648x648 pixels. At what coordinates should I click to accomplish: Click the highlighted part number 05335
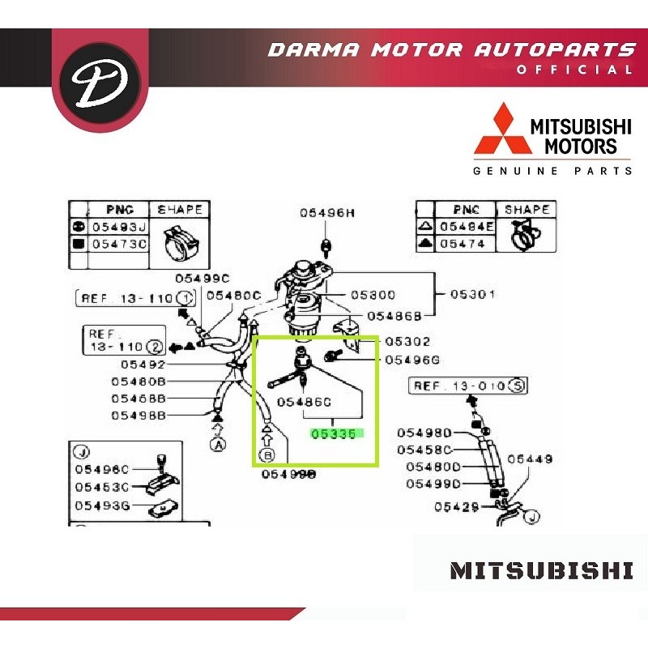pyautogui.click(x=334, y=434)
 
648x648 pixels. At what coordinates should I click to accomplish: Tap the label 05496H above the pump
pyautogui.click(x=327, y=213)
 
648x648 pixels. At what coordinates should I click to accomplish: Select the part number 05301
pyautogui.click(x=473, y=294)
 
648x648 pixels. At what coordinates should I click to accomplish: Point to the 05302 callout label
pyautogui.click(x=407, y=342)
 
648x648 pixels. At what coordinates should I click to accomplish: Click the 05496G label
pyautogui.click(x=412, y=360)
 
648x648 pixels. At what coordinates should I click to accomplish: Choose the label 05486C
pyautogui.click(x=305, y=402)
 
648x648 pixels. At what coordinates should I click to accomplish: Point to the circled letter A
pyautogui.click(x=217, y=444)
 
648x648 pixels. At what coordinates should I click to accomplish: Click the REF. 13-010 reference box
pyautogui.click(x=467, y=386)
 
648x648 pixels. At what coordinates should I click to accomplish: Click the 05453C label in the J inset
pyautogui.click(x=101, y=487)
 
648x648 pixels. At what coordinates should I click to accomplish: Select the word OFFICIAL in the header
pyautogui.click(x=574, y=70)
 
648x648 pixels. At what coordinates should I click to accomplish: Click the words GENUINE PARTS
pyautogui.click(x=552, y=171)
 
